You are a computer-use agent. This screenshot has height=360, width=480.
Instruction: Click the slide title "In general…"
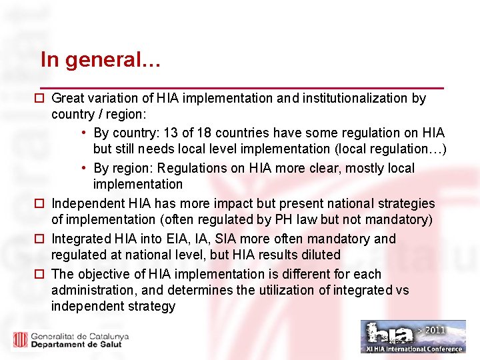pos(100,60)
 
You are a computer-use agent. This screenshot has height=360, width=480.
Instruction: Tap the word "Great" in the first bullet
pos(68,99)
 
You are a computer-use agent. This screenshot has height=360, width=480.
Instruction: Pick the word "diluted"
pos(319,255)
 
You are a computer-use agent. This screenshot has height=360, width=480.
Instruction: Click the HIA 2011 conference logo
pos(413,336)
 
